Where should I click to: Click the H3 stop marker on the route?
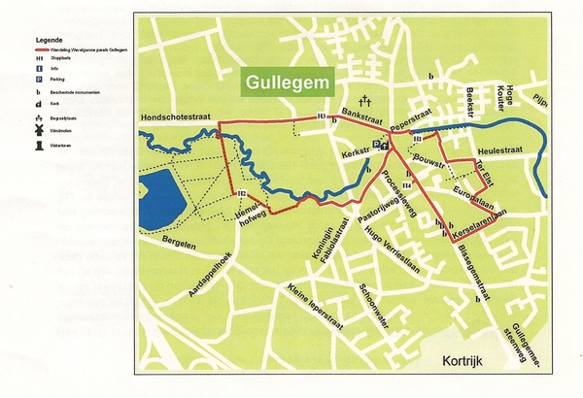coord(321,117)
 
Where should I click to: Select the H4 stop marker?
coord(406,184)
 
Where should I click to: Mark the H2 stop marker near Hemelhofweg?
coord(239,194)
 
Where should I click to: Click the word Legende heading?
coord(50,40)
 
